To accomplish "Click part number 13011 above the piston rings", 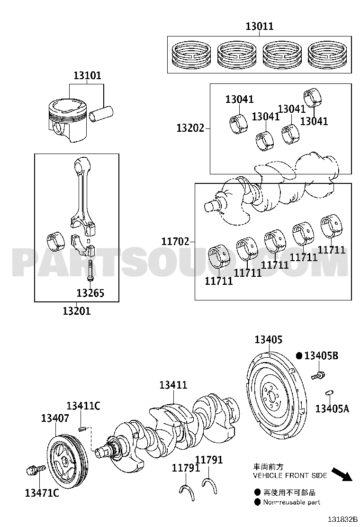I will tap(259, 27).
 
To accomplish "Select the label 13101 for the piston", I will tap(87, 76).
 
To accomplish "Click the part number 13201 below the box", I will tap(76, 311).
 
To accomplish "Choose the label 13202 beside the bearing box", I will tap(190, 128).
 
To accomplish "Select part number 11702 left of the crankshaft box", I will tap(175, 241).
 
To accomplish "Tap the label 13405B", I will tap(321, 355).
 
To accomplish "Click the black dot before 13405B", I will tap(299, 355).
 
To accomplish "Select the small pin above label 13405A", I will tap(330, 392).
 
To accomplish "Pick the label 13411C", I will tap(83, 406).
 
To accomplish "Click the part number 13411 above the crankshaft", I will tap(173, 386).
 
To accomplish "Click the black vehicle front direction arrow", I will tap(342, 473).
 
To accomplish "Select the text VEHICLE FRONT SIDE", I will tap(289, 475).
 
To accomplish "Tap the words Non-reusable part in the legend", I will tap(291, 502).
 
